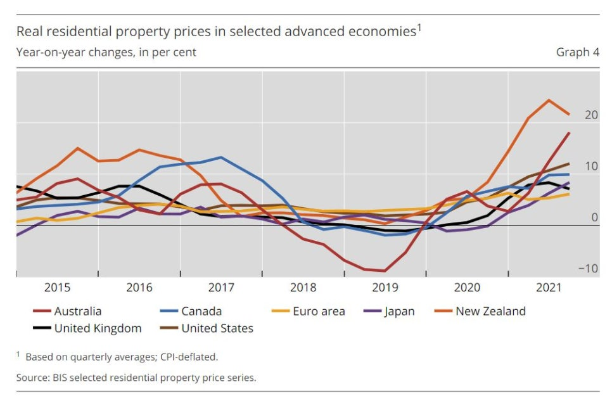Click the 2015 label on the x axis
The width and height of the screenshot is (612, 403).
57,287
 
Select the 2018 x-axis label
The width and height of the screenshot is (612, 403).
303,287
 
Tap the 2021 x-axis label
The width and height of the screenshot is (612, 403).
549,287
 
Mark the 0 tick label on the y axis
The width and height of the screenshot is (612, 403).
594,217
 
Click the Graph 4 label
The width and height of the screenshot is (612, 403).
577,52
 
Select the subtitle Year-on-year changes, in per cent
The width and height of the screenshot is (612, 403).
106,52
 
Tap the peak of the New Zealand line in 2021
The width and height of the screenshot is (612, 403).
549,100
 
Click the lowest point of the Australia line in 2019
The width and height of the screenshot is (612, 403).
385,271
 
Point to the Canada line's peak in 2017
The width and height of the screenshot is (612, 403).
221,157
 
